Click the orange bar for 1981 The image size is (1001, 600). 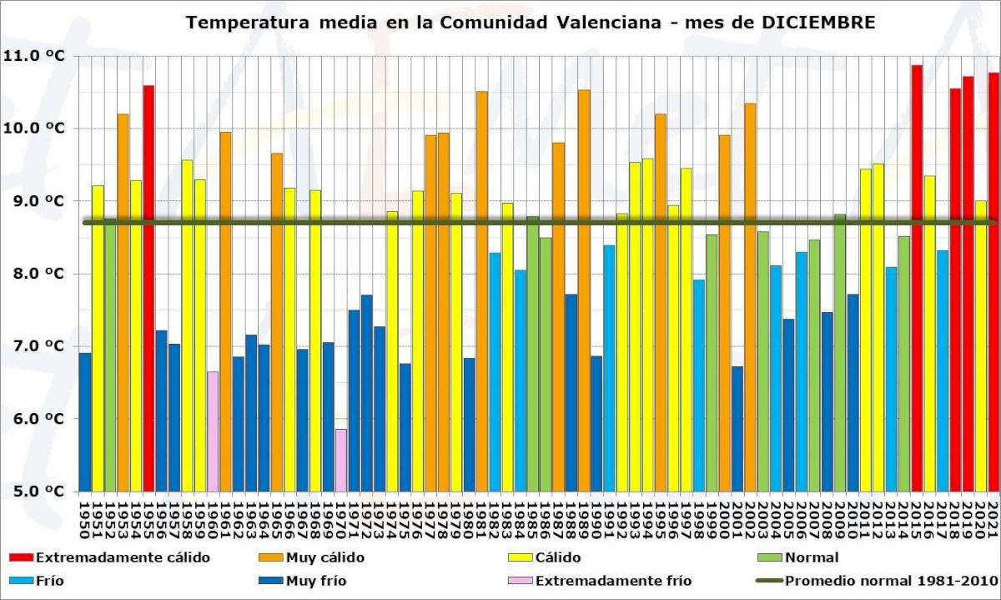(481, 291)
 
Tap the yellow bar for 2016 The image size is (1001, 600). (929, 333)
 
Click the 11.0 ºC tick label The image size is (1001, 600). (34, 56)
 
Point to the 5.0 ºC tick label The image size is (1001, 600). (34, 492)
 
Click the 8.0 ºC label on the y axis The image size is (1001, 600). (34, 274)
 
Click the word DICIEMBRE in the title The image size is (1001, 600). (819, 23)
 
